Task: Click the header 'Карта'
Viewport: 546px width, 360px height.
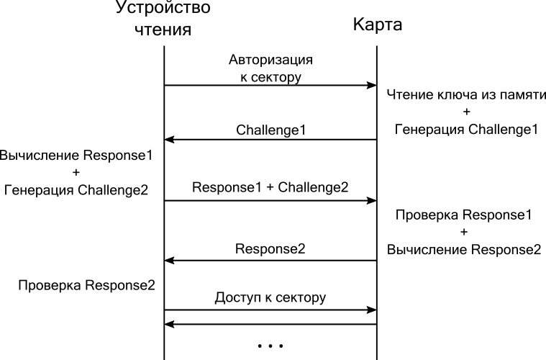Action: pyautogui.click(x=377, y=25)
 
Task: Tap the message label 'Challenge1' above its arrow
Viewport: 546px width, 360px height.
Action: pyautogui.click(x=270, y=130)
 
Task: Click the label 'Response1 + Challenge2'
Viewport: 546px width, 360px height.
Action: pyautogui.click(x=270, y=187)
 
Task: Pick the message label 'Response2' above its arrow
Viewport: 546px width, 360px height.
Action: pyautogui.click(x=270, y=249)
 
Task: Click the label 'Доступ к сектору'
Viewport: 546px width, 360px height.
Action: pyautogui.click(x=270, y=297)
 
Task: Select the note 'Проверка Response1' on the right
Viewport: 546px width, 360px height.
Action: pyautogui.click(x=463, y=215)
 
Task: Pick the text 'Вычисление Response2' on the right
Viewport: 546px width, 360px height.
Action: pyautogui.click(x=463, y=250)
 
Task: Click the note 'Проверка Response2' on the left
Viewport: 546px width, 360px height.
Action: pyautogui.click(x=86, y=284)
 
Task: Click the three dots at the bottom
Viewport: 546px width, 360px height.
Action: pyautogui.click(x=270, y=346)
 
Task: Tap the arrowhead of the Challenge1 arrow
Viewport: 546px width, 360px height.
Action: pyautogui.click(x=170, y=140)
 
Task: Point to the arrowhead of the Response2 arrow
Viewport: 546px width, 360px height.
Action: pyautogui.click(x=170, y=260)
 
